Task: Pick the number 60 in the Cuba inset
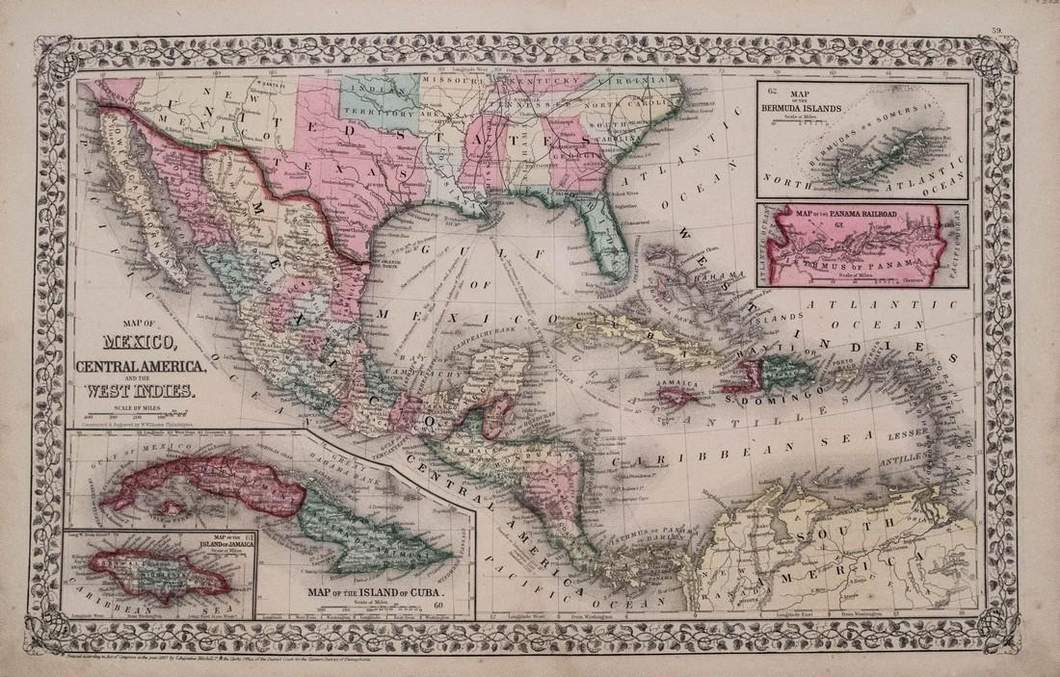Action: click(x=438, y=605)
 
